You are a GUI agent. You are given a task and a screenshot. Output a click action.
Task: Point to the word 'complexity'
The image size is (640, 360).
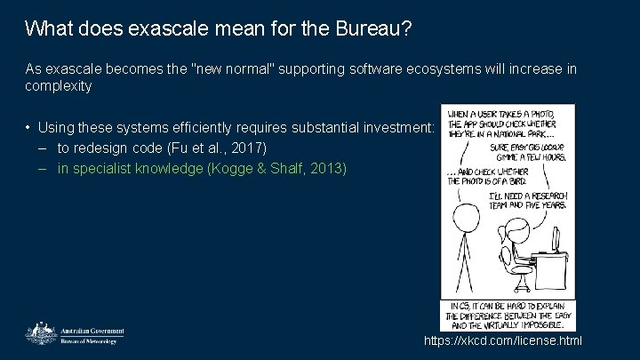[x=59, y=86]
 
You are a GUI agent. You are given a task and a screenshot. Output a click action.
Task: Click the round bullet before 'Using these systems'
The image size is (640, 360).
[x=30, y=129]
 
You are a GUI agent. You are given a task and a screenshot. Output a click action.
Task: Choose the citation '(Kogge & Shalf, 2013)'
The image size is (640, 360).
[x=276, y=168]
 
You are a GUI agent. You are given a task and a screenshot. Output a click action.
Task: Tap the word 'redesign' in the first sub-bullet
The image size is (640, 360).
[x=106, y=147]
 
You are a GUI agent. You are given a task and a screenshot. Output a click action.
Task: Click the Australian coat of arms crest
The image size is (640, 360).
[x=39, y=332]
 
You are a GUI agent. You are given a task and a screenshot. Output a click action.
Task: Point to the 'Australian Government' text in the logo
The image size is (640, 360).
[x=92, y=331]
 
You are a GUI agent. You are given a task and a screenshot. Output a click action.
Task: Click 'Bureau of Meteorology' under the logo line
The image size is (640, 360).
[x=88, y=340]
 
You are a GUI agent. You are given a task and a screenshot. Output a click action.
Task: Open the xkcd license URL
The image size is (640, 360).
[x=503, y=340]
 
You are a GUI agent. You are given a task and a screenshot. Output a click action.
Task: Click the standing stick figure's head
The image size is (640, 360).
[x=461, y=215]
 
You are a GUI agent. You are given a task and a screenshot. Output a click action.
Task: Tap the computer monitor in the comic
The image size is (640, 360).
[x=556, y=238]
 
